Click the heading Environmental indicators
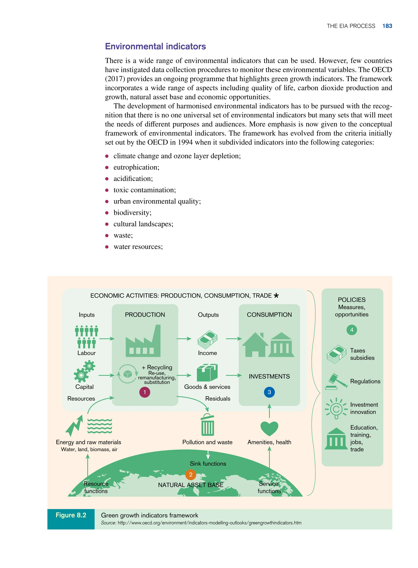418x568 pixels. pos(155,46)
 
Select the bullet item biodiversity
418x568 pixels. pos(132,212)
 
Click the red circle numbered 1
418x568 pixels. pos(145,392)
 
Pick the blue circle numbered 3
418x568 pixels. pos(269,392)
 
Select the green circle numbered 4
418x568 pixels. pos(351,330)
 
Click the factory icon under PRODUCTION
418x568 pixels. pos(143,342)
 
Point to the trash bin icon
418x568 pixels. pos(208,425)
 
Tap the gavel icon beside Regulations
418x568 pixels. pos(337,381)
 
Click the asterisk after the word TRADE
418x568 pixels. pos(276,295)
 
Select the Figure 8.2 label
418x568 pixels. pos(71,515)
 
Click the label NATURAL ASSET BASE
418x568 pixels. pos(191,485)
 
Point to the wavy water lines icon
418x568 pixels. pos(99,426)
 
